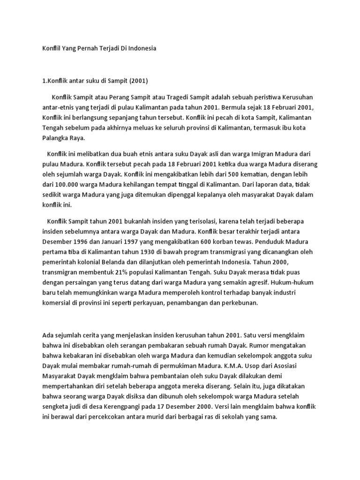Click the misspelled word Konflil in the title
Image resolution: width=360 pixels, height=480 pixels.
(x=51, y=48)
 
